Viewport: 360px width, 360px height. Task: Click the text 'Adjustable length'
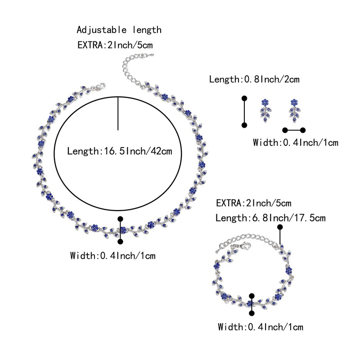(119, 30)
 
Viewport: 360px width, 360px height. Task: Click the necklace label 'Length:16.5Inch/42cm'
(119, 151)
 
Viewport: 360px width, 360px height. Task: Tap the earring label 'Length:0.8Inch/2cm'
(254, 80)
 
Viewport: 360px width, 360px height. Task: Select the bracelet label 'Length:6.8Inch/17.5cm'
(270, 218)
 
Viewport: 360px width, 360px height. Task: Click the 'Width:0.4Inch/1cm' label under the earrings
(295, 143)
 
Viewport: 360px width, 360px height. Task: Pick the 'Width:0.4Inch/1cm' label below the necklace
(112, 256)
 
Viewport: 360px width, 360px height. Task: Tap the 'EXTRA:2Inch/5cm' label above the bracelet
(254, 203)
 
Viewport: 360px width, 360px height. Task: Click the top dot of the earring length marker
(244, 98)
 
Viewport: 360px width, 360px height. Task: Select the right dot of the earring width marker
(303, 130)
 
